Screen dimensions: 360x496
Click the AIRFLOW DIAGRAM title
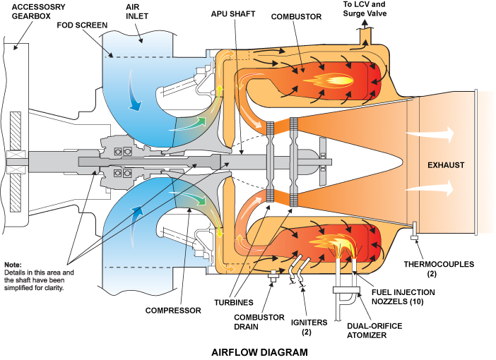point(260,351)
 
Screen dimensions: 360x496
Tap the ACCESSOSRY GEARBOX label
point(28,12)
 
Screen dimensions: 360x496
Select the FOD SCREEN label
point(82,25)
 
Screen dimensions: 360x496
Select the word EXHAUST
point(446,165)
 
